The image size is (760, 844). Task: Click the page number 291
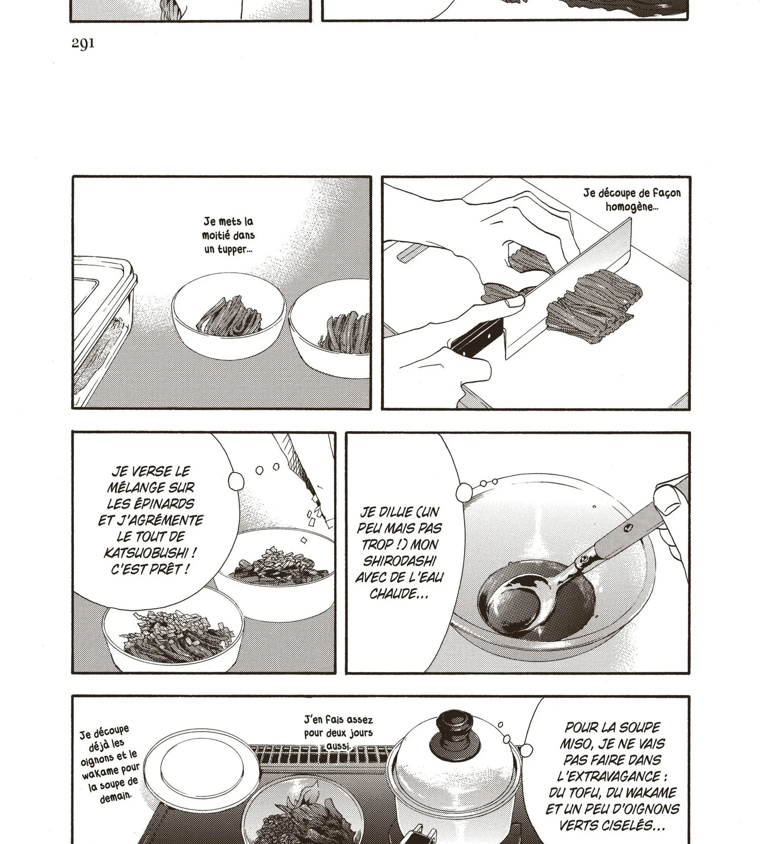pyautogui.click(x=83, y=44)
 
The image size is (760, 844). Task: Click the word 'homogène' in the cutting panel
pyautogui.click(x=632, y=207)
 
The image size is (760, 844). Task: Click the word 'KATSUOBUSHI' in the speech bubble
pyautogui.click(x=151, y=552)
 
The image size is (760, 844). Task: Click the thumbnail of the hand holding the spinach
pyautogui.click(x=513, y=302)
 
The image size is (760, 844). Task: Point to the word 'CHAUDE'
pyautogui.click(x=398, y=593)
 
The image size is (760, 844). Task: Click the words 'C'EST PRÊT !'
pyautogui.click(x=150, y=568)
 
